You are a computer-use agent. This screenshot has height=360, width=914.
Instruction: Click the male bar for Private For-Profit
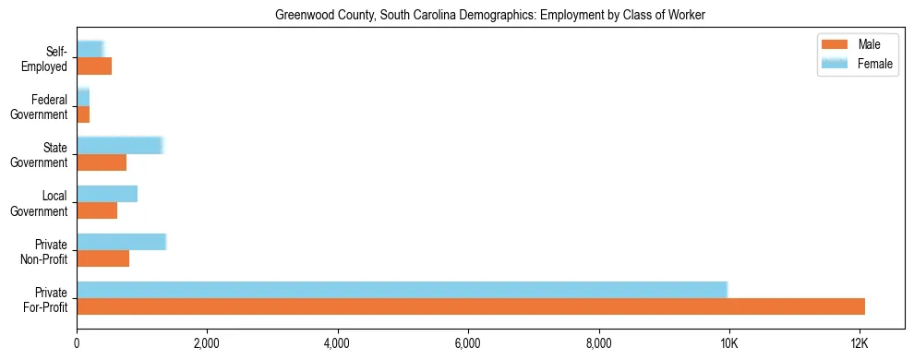coord(471,306)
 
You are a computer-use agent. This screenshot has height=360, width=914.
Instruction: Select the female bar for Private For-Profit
coord(402,290)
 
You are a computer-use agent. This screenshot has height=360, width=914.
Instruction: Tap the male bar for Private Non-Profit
coord(102,258)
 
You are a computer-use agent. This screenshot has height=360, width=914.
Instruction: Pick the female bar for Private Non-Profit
coord(121,242)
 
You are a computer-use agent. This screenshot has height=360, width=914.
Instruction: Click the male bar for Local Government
coord(97,210)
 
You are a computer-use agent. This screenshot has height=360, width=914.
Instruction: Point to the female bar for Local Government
coord(107,194)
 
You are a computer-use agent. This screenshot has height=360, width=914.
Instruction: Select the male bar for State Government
coord(102,162)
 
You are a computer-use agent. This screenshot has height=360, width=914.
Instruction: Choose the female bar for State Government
coord(120,146)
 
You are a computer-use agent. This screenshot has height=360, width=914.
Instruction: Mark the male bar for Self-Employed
coord(94,66)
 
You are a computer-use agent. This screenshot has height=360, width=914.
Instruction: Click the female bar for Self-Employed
coord(90,50)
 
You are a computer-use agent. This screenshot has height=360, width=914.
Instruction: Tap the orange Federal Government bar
coord(83,114)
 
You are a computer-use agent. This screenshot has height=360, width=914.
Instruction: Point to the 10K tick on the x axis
coord(729,344)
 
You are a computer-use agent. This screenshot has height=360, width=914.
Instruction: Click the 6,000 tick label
coord(468,344)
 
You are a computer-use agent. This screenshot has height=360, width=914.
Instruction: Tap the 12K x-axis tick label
coord(860,344)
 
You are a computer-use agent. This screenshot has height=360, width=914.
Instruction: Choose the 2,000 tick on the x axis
coord(207,344)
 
